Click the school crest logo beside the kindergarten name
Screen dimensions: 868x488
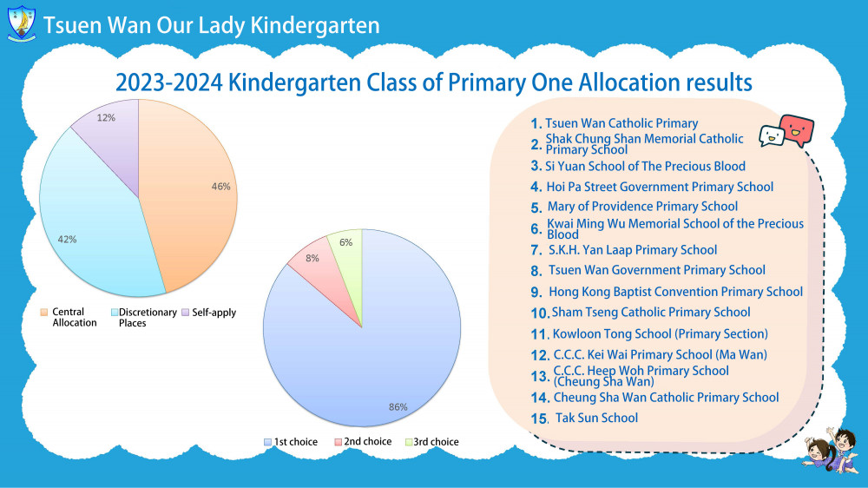[22, 23]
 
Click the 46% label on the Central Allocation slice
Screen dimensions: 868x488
[220, 187]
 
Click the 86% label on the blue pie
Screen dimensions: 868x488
[398, 407]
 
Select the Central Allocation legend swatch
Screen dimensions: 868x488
[43, 313]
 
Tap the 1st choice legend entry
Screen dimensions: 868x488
[291, 442]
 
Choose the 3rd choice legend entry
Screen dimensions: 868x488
[431, 442]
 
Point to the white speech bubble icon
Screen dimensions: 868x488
[772, 136]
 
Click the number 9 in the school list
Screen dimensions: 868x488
[536, 292]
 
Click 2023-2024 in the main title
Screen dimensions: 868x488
[169, 83]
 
